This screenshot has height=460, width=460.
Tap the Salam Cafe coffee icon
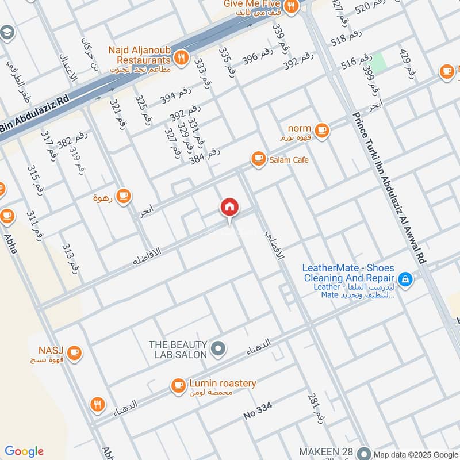258,159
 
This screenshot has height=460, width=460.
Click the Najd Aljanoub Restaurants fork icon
182,57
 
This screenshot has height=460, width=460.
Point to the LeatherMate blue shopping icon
405,279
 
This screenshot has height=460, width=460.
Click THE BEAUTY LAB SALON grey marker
218,348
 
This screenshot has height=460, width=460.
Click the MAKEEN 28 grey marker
363,452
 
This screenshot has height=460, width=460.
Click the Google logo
24,451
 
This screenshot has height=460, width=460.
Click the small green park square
378,59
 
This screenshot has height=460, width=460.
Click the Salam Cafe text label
289,160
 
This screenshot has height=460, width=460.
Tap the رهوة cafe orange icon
122,197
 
